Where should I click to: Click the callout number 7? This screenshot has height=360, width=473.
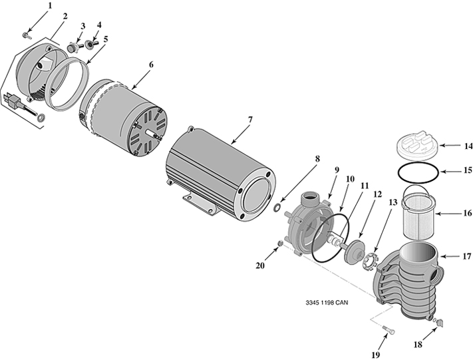pyautogui.click(x=249, y=120)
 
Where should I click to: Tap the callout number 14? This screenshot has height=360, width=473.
pyautogui.click(x=468, y=146)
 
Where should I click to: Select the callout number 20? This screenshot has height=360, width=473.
pyautogui.click(x=260, y=266)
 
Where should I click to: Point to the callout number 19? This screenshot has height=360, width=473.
pyautogui.click(x=376, y=355)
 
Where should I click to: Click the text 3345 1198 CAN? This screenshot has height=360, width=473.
pyautogui.click(x=327, y=303)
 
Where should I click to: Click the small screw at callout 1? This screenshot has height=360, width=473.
pyautogui.click(x=26, y=36)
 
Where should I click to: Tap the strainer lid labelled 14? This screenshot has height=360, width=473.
pyautogui.click(x=416, y=146)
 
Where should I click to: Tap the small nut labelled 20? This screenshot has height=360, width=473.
pyautogui.click(x=279, y=244)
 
